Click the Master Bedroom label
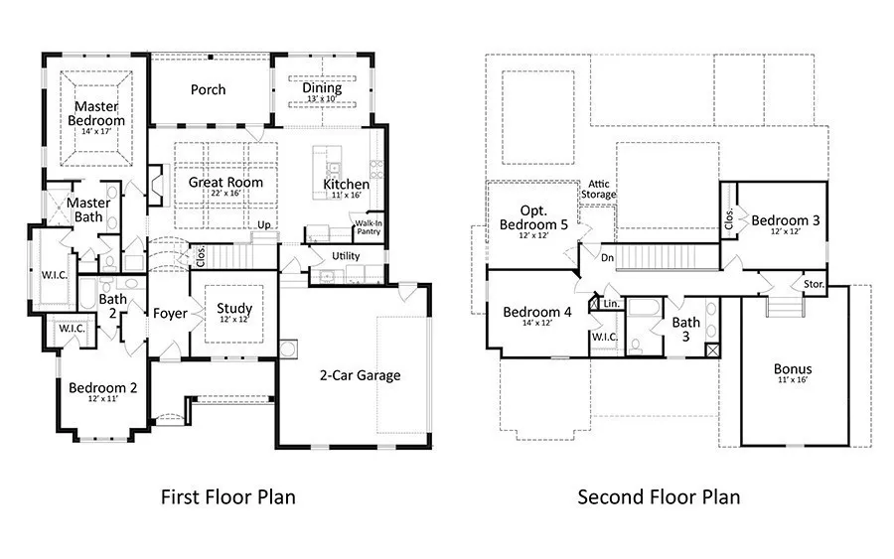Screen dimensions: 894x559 (96, 113)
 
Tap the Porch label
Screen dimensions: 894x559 (209, 90)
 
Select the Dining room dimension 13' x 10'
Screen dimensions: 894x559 (322, 99)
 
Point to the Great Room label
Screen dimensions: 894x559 (225, 183)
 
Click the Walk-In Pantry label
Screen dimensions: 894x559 (369, 227)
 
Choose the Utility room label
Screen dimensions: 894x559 (346, 256)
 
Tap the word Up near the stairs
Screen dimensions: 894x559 (264, 225)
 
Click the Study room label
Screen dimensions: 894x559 (234, 308)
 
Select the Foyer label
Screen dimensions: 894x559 (170, 314)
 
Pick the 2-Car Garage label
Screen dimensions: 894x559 (360, 375)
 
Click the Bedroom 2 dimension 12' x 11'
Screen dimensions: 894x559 (102, 399)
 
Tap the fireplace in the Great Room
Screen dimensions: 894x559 (156, 186)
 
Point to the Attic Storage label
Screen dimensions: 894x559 (599, 190)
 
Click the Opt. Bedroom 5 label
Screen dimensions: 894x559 (533, 218)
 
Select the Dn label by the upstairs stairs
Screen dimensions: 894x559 (608, 258)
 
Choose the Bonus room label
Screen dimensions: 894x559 (793, 368)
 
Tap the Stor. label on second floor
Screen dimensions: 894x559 (814, 284)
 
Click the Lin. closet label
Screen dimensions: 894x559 (612, 304)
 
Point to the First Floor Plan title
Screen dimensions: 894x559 (228, 496)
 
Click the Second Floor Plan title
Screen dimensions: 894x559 (660, 496)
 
